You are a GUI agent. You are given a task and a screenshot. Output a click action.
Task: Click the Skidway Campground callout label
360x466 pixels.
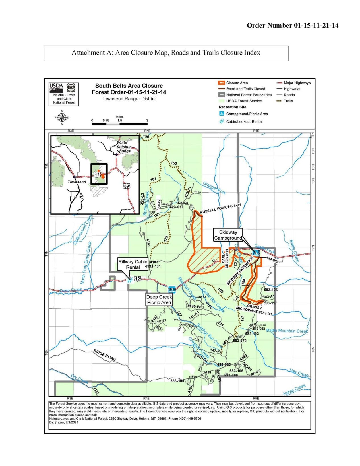click(x=228, y=235)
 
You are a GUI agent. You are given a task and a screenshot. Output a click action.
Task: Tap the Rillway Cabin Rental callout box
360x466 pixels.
click(x=133, y=264)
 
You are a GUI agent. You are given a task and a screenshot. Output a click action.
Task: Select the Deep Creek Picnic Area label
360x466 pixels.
click(x=159, y=300)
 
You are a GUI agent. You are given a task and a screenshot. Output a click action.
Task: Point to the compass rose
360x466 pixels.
click(x=62, y=117)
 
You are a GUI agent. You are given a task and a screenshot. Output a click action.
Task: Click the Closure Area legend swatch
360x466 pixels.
click(x=222, y=83)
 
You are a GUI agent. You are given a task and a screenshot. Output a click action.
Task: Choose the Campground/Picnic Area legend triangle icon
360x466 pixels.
click(x=222, y=114)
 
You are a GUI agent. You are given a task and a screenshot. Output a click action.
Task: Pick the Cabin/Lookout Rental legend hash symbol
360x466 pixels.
click(x=222, y=121)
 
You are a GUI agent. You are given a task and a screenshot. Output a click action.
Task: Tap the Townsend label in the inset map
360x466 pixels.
click(x=77, y=182)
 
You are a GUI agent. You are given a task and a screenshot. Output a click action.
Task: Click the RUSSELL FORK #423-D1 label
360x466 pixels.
click(x=220, y=209)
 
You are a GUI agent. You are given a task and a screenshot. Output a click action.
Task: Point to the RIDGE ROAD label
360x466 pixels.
click(x=105, y=355)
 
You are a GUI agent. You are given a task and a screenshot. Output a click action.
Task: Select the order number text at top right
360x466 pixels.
click(x=292, y=26)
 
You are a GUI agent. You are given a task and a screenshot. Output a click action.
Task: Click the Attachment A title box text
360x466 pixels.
click(x=166, y=53)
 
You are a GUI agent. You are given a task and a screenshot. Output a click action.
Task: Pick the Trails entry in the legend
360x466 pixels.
click(x=288, y=101)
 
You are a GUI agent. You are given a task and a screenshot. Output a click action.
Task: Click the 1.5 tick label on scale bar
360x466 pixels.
click(x=120, y=120)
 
